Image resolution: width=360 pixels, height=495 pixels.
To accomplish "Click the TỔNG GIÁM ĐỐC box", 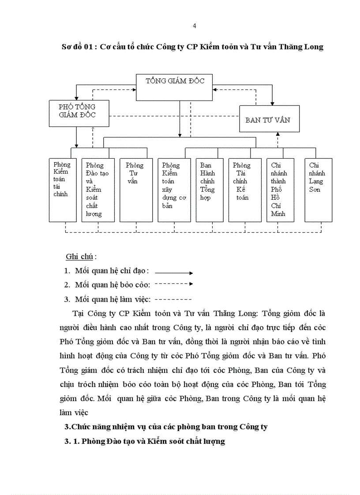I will [174, 87].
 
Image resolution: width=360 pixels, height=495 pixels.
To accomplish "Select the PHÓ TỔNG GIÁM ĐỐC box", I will [77, 114].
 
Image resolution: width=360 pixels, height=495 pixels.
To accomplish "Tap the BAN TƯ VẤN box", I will [269, 119].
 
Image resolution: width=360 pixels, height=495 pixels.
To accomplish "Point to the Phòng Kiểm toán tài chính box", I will [62, 190].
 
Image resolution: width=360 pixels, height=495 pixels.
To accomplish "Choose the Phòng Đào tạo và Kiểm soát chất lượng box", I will [98, 190].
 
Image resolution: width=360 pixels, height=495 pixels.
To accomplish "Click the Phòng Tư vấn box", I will [136, 190].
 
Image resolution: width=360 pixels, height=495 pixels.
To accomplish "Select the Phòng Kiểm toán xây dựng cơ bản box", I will [174, 190].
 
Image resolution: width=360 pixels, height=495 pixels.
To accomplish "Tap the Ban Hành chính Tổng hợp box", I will [210, 190].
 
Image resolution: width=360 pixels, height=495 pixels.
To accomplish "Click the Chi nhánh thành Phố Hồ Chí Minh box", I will [280, 190].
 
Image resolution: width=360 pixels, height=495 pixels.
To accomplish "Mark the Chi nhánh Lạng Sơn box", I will [318, 190].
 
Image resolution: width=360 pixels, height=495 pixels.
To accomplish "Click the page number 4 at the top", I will [195, 26].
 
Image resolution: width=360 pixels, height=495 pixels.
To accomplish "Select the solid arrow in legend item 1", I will [174, 273].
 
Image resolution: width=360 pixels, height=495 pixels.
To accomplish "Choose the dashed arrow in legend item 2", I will [174, 284].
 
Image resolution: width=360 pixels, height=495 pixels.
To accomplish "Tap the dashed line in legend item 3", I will [173, 299].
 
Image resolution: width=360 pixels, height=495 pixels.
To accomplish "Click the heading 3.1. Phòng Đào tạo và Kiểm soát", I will [145, 441].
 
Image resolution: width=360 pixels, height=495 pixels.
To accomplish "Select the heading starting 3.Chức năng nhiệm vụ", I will [166, 427].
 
